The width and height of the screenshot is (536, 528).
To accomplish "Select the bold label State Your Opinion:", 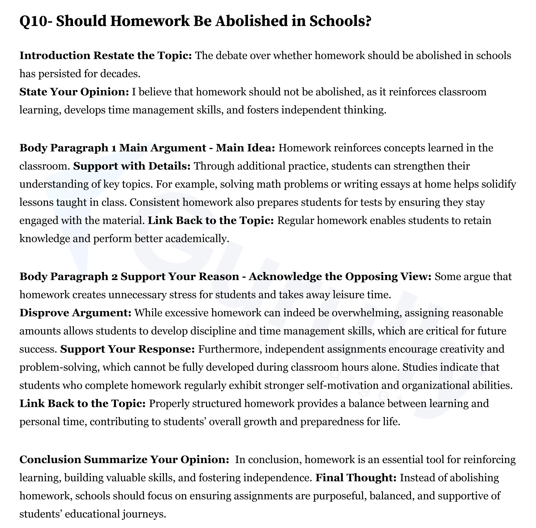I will tap(74, 92).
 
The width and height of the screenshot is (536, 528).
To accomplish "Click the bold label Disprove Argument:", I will tap(75, 313).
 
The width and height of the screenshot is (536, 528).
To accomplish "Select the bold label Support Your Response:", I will tap(127, 349).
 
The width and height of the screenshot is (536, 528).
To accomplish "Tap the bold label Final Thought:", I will tap(356, 477).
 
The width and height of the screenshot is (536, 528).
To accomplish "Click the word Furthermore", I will tap(230, 349).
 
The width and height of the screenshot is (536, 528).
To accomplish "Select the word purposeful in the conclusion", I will tap(337, 496).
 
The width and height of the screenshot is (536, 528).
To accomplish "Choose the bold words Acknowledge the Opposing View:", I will tap(340, 276).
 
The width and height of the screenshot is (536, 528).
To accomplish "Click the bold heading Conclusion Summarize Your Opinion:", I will tap(124, 459).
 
